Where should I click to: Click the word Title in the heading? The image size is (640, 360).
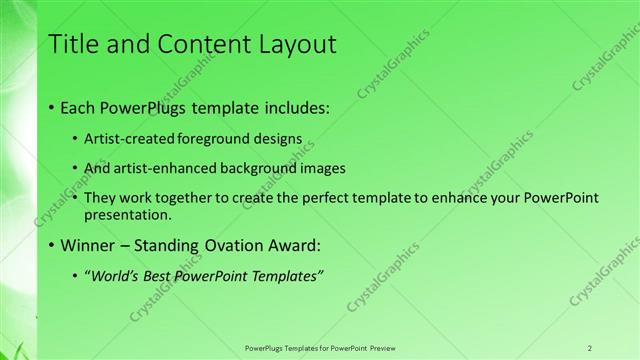coord(74,44)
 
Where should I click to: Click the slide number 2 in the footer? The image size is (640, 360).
coord(590,347)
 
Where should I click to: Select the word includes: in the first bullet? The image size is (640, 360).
coord(293,106)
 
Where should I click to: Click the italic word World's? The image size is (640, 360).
coord(118,275)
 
